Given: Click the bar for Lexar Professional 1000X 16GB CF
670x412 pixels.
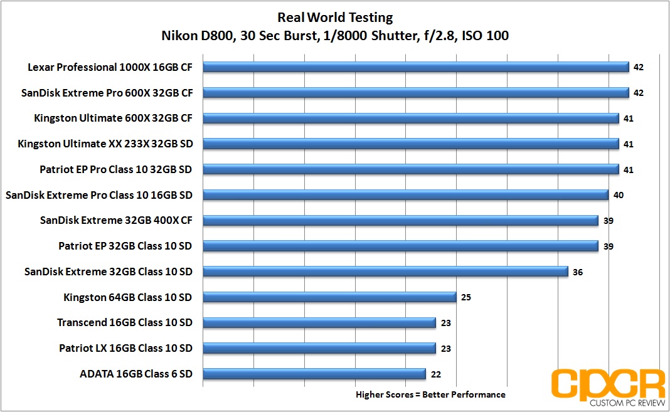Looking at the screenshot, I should pos(416,67).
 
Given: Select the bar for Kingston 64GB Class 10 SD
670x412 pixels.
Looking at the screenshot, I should pos(329,297).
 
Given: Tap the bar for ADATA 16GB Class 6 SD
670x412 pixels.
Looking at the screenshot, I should pos(314,374).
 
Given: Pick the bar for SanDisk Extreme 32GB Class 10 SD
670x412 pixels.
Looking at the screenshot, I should pos(386,272).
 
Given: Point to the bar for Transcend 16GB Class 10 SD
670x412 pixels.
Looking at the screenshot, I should pos(319,323).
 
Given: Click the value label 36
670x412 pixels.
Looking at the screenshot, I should pos(578,272).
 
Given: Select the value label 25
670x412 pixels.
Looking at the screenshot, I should pos(466,297).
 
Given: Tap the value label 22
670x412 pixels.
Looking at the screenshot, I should pos(436,374).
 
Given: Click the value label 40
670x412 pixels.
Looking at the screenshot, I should pos(619,195).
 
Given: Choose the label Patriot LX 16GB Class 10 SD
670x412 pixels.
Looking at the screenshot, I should pos(125,349).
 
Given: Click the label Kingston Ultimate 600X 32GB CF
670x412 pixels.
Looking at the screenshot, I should pos(113,119).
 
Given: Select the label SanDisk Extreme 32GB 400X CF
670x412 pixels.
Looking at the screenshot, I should pos(116,221).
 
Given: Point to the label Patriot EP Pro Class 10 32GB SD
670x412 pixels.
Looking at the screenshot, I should pos(115,169).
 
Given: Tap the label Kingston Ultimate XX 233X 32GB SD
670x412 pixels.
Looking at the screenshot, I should pos(105,144).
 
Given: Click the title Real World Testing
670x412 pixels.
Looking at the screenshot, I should pos(335,17).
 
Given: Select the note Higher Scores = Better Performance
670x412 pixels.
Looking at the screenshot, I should pos(430,395).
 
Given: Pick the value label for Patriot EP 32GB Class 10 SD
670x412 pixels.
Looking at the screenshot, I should pos(608,246).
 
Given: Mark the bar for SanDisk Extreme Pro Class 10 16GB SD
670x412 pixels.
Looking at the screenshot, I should pos(406,195).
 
